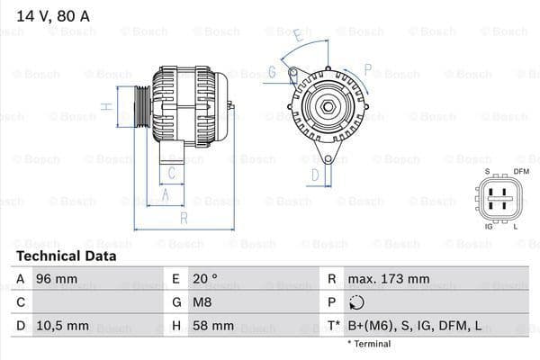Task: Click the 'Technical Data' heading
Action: (66, 256)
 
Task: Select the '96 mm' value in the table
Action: (55, 279)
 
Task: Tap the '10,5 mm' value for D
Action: (61, 325)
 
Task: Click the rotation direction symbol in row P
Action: (355, 302)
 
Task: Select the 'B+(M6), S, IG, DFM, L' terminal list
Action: (415, 325)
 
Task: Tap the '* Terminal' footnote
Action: (368, 344)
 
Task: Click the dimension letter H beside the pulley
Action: (106, 106)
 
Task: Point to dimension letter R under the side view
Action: (184, 218)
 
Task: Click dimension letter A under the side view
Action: (166, 193)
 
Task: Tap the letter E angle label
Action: (296, 34)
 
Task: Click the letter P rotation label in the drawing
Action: (367, 67)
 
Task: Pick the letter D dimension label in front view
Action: (315, 175)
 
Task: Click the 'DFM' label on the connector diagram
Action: (520, 172)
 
